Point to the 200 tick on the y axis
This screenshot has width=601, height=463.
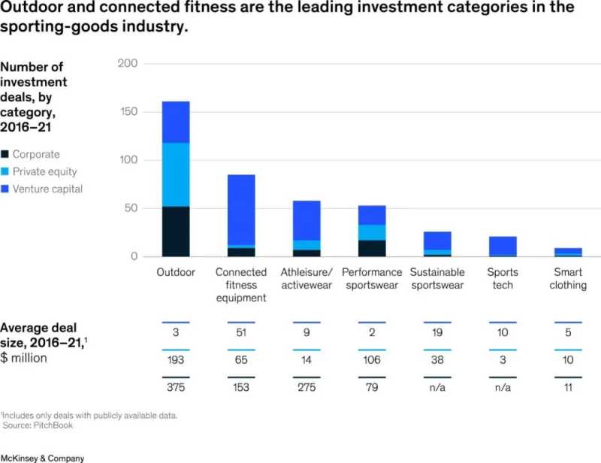[128, 64]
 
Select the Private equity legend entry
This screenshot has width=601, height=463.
[44, 171]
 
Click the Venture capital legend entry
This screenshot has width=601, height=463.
[47, 189]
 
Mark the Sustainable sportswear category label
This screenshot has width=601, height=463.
[437, 279]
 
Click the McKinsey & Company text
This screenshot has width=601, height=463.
[42, 457]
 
